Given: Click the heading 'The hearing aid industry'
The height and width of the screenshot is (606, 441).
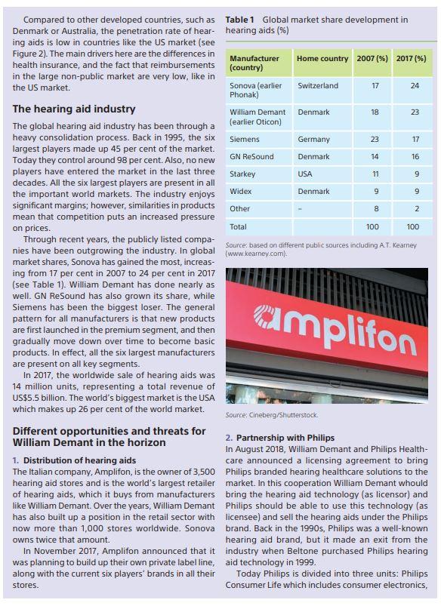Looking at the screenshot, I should point(74,109).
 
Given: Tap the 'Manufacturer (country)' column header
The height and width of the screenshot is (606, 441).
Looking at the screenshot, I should point(254,63).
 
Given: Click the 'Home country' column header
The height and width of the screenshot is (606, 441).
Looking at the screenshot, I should point(322,58).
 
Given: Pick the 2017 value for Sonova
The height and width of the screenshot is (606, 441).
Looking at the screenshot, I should point(414,86).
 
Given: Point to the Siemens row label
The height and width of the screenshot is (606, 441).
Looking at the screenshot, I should point(244,139).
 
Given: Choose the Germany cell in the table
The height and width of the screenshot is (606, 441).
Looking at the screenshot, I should point(313,139).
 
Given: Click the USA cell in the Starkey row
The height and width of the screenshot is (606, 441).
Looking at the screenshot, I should point(305,174).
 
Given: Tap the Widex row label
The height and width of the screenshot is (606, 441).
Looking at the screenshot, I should point(241,191).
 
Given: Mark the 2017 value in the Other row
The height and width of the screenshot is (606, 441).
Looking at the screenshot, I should point(414,208).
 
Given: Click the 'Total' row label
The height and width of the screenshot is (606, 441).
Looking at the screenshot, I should point(239,226).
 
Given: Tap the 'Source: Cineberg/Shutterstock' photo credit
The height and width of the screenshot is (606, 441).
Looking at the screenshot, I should point(272,415).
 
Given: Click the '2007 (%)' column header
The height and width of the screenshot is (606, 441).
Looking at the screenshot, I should point(372,58).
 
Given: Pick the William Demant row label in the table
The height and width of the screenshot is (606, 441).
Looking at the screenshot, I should point(258,117).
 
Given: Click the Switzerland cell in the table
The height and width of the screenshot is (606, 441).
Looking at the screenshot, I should point(318,86).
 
